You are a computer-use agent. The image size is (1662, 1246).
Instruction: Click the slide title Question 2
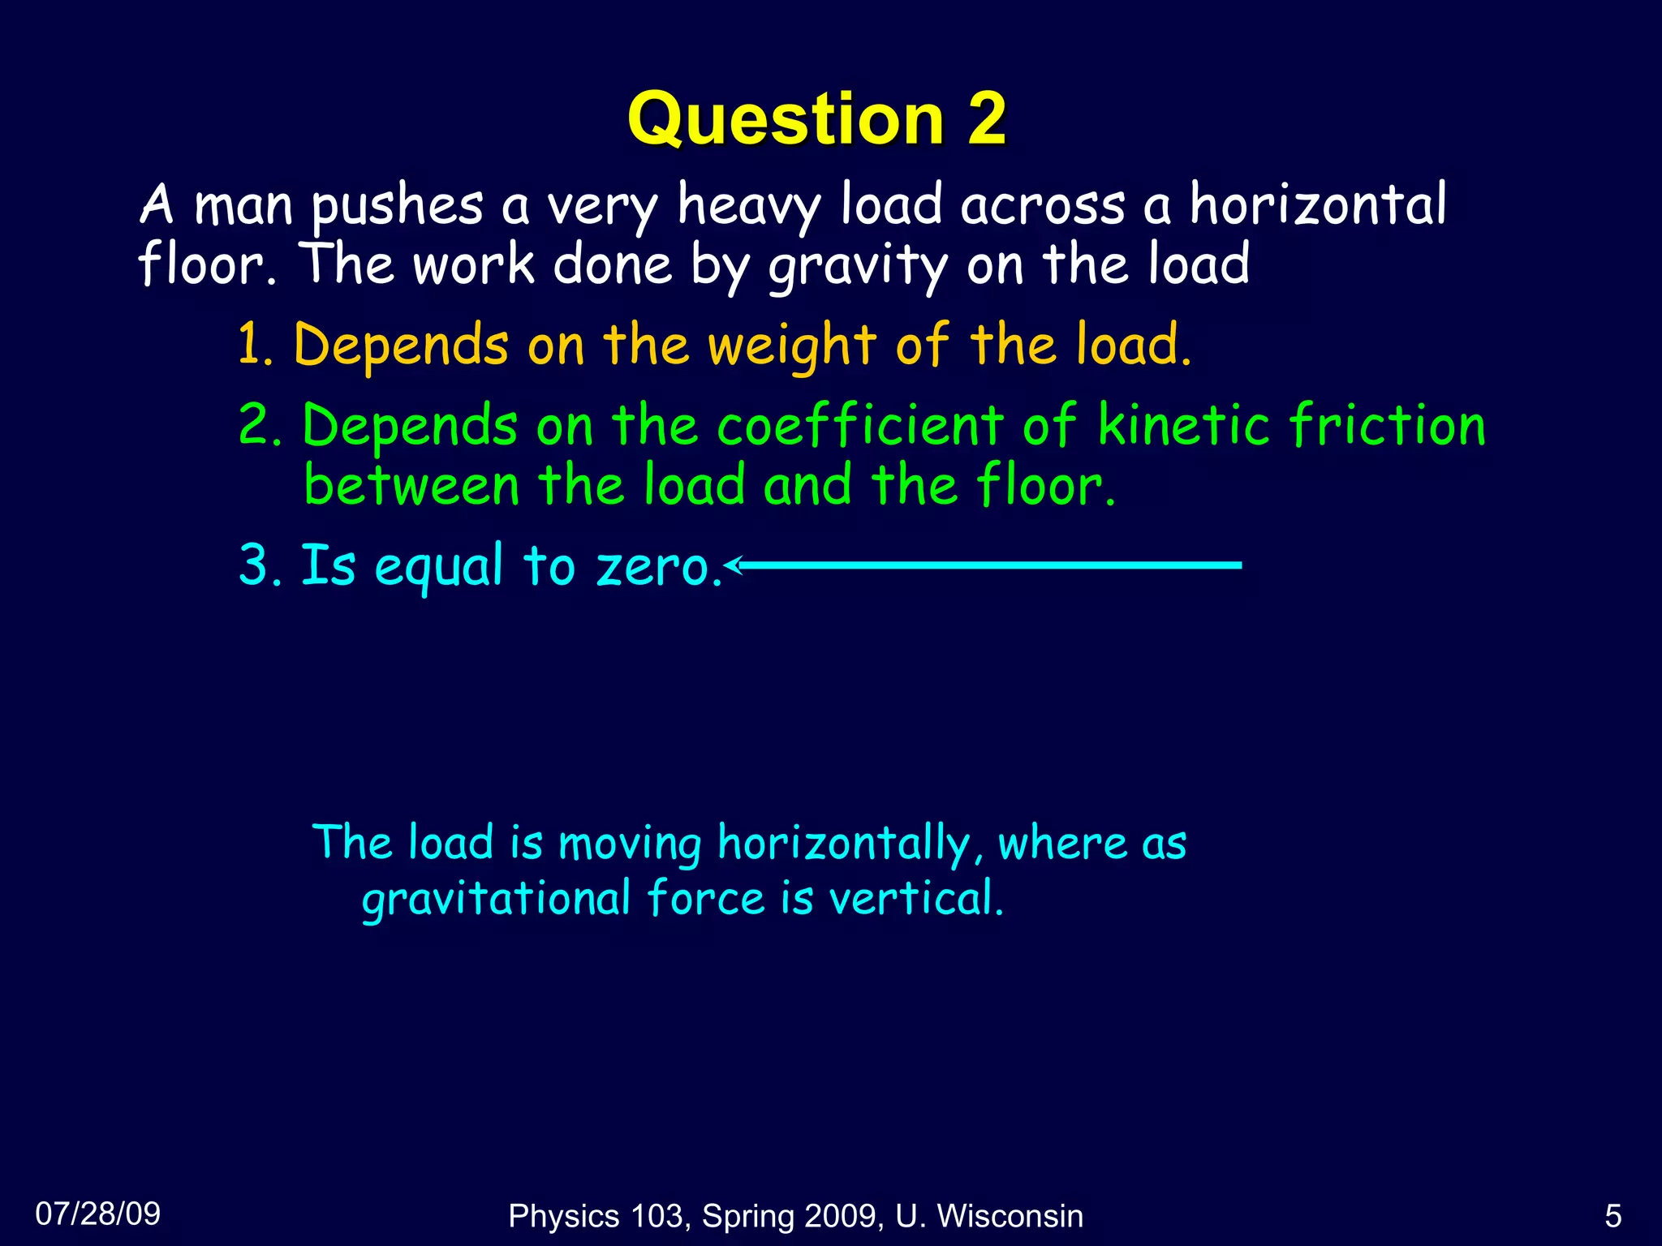click(x=816, y=119)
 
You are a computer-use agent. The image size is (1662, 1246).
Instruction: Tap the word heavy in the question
click(x=748, y=205)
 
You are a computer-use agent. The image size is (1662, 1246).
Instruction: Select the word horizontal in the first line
click(x=1318, y=204)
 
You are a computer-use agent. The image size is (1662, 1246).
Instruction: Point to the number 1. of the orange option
click(x=257, y=345)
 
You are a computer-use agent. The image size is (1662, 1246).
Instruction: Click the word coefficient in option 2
click(x=860, y=425)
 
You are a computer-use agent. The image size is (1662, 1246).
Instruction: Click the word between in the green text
click(x=411, y=485)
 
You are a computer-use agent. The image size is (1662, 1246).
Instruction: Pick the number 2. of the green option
click(x=260, y=425)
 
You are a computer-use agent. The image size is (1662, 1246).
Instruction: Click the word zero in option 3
click(x=657, y=565)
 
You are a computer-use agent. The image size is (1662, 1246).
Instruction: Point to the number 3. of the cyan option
click(x=260, y=565)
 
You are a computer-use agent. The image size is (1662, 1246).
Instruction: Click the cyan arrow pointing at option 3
click(x=982, y=565)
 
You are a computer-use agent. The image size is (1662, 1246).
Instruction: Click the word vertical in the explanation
click(x=915, y=899)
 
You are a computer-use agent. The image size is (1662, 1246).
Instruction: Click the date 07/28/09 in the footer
click(x=98, y=1214)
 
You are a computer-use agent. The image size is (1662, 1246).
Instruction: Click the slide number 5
click(x=1613, y=1216)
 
